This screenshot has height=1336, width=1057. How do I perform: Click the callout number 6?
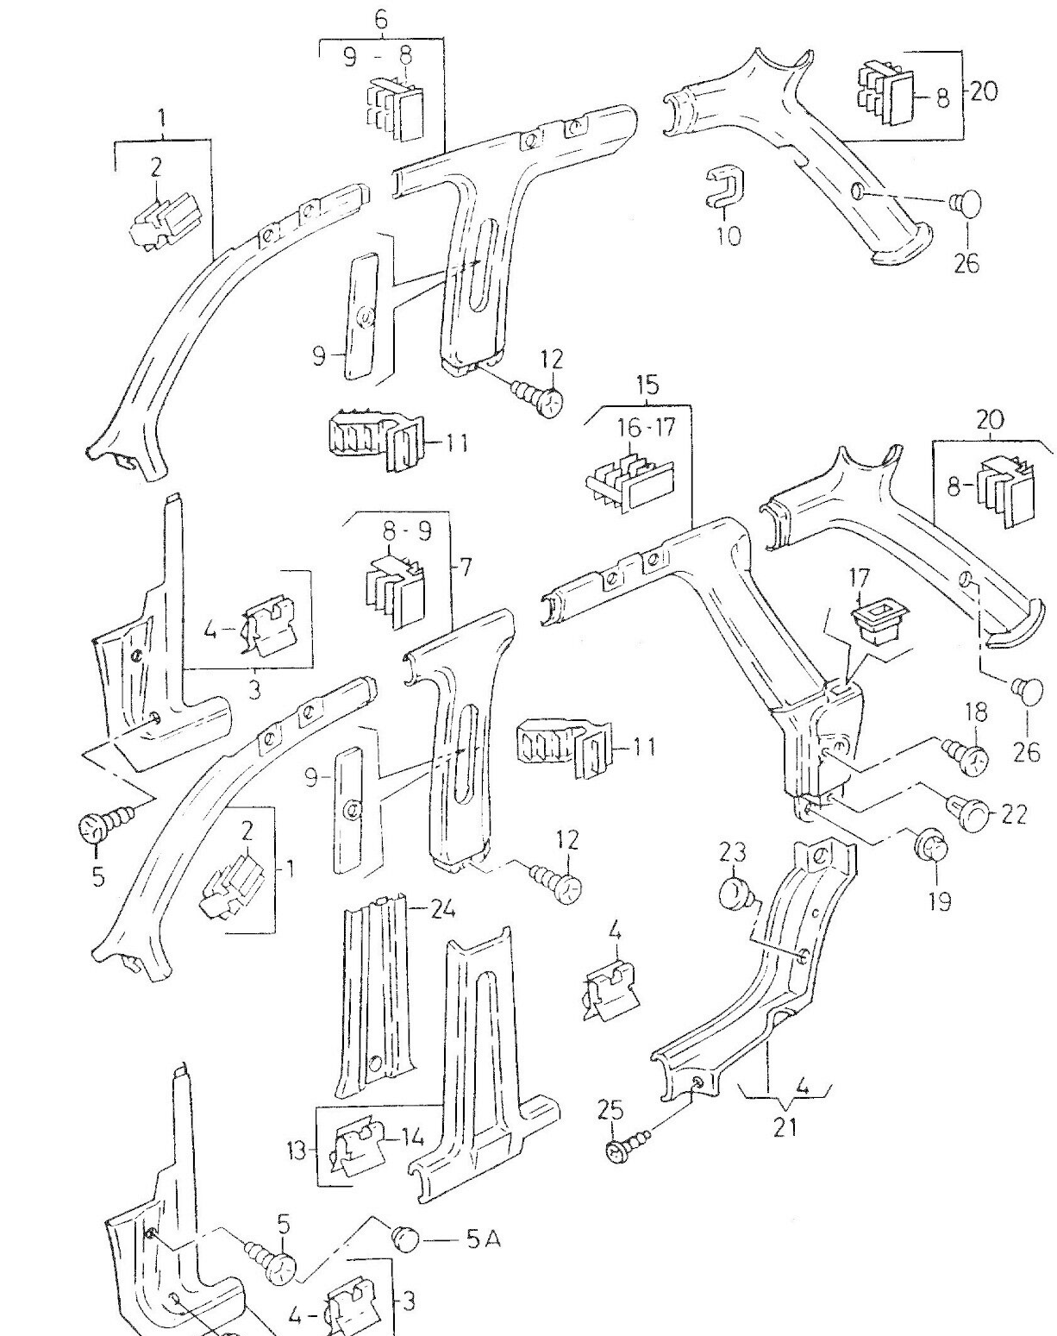click(x=380, y=20)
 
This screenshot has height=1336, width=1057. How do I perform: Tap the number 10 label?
click(x=729, y=235)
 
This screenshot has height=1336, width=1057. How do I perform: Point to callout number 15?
click(x=647, y=385)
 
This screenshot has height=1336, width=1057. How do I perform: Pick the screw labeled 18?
click(x=966, y=756)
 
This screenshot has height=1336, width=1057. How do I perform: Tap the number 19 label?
click(x=940, y=901)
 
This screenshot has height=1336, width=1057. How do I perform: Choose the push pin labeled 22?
click(x=971, y=813)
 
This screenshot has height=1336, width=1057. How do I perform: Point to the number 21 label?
click(x=784, y=1126)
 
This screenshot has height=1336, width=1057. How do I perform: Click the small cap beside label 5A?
click(x=406, y=1238)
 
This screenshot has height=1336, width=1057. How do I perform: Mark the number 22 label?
click(x=1015, y=814)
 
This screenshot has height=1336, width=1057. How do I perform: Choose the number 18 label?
click(x=976, y=713)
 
